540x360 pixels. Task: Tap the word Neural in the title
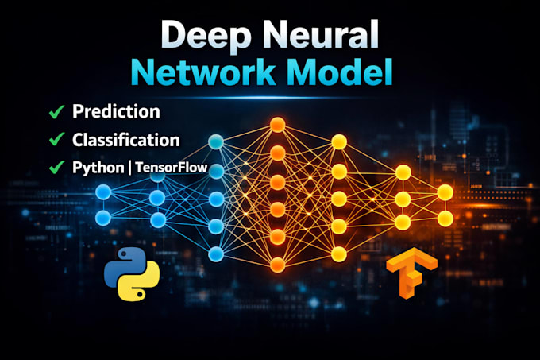click(321, 33)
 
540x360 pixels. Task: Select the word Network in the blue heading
click(202, 72)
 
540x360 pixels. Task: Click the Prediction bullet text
click(116, 111)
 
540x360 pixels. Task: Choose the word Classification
click(125, 140)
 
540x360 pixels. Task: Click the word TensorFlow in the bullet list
click(172, 168)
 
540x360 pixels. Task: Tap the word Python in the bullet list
click(98, 168)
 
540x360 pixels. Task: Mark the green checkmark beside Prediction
click(56, 111)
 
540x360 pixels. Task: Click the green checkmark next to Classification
click(56, 139)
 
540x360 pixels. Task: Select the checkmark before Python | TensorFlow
click(56, 167)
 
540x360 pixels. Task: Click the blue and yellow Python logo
click(132, 274)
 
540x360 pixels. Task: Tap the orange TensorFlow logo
click(411, 273)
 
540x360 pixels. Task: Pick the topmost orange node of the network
click(278, 124)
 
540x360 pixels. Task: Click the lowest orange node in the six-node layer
click(278, 265)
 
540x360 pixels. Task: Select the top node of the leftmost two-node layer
click(103, 192)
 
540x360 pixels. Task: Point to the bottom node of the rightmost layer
click(445, 219)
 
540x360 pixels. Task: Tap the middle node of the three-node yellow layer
click(403, 199)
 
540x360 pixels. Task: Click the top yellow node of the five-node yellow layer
click(339, 142)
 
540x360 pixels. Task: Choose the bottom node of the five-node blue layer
click(216, 254)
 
